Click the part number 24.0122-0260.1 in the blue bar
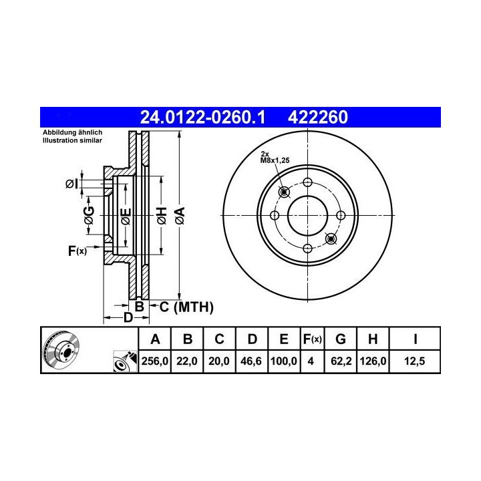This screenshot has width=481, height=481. point(202,118)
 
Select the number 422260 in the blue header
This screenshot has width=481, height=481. point(318,118)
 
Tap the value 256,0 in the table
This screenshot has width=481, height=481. point(155,361)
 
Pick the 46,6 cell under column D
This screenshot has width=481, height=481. point(251,361)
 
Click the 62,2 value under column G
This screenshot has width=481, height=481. point(341,361)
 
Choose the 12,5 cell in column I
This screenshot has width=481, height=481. point(414,361)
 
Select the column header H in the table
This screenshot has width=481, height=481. point(373,339)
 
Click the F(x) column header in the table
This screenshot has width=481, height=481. point(312,339)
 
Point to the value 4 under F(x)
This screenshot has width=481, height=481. point(311,361)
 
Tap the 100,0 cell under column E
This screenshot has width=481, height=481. point(284,361)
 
